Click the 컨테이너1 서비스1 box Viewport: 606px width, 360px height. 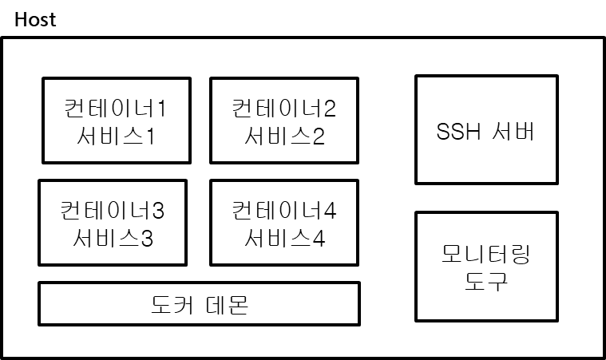click(x=117, y=120)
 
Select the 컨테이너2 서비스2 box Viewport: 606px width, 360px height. click(x=284, y=120)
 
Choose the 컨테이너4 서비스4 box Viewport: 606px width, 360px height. click(x=284, y=223)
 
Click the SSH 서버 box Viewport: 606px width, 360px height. click(x=485, y=129)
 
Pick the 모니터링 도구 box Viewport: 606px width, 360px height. click(x=485, y=267)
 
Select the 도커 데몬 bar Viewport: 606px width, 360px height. click(x=199, y=304)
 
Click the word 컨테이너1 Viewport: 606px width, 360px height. click(x=116, y=108)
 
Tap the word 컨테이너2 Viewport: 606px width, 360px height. click(x=284, y=108)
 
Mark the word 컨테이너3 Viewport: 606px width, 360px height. click(x=113, y=211)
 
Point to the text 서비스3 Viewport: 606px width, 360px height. click(x=113, y=238)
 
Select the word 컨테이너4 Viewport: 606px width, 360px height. click(x=284, y=211)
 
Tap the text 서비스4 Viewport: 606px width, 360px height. click(x=284, y=238)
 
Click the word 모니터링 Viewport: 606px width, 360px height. click(x=485, y=255)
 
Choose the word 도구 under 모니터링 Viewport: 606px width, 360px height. click(x=485, y=281)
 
